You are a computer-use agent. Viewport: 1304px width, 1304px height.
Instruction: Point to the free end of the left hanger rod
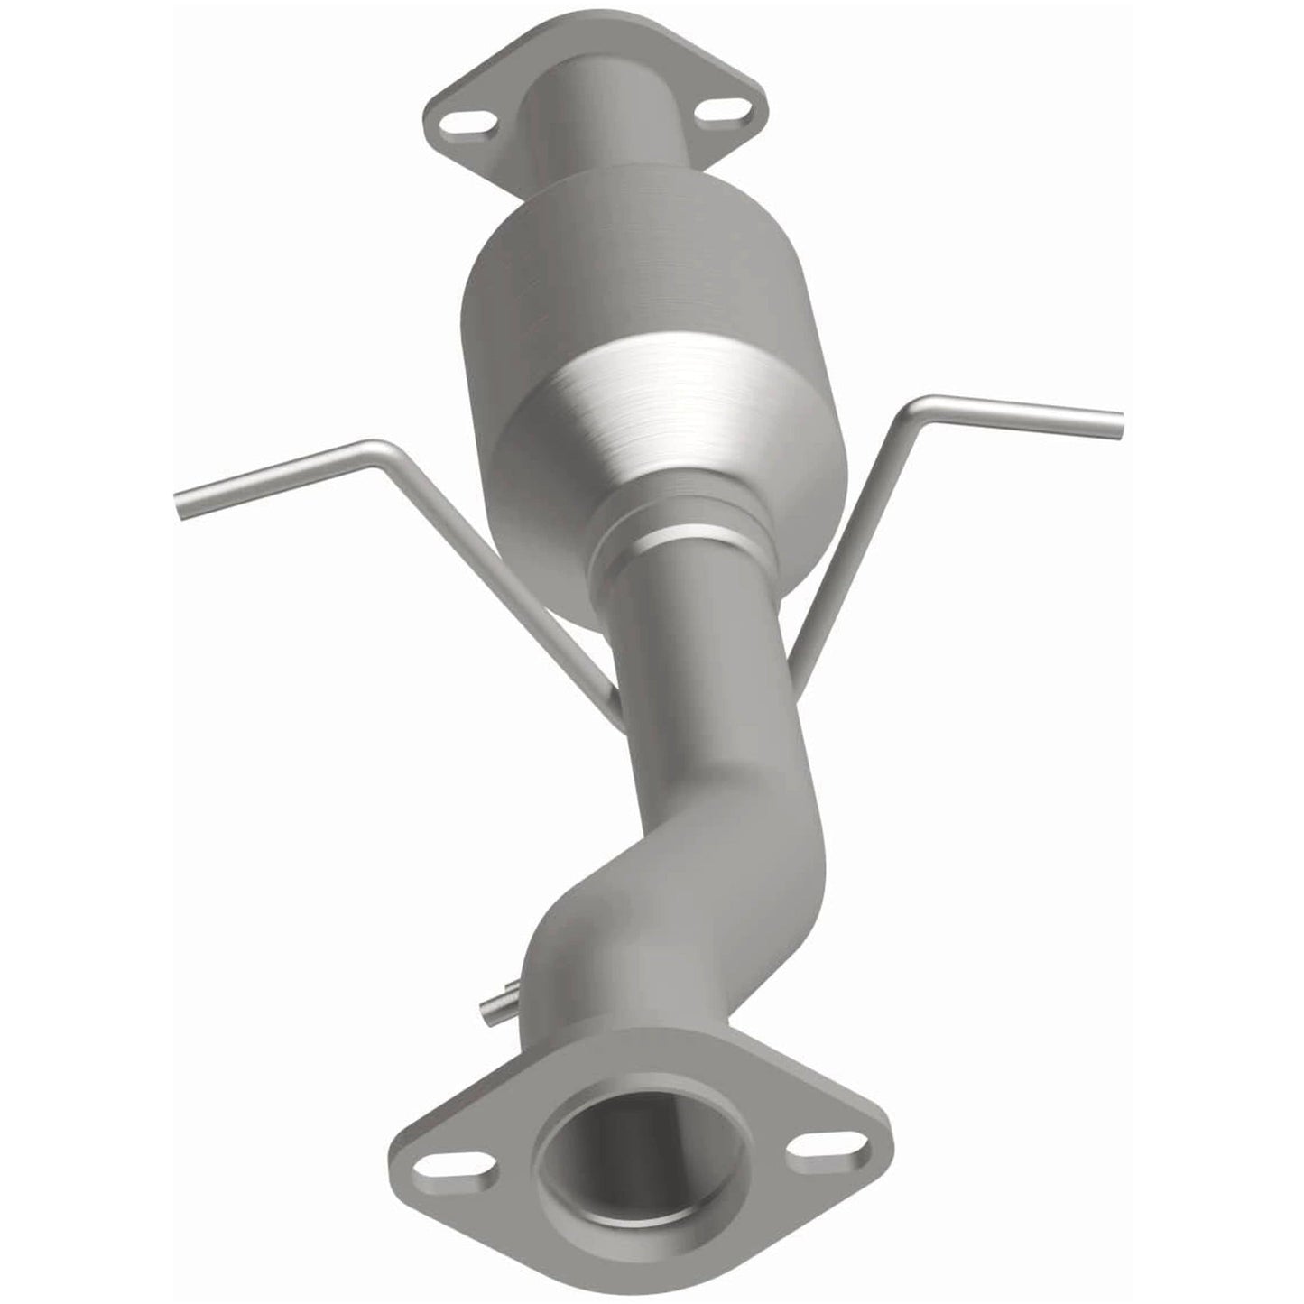[x=183, y=505]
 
